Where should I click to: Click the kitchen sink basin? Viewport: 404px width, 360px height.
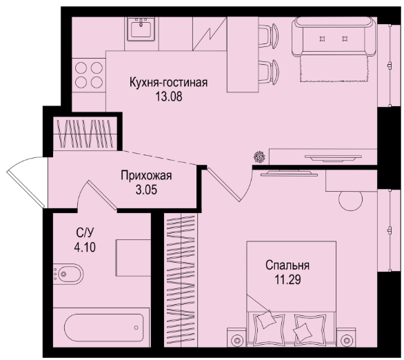click(141, 29)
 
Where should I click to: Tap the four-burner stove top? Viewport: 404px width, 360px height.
click(89, 75)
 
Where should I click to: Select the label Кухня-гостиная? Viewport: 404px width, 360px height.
click(168, 83)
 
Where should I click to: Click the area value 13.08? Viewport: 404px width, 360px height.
click(168, 97)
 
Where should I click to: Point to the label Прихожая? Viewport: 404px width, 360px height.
click(146, 176)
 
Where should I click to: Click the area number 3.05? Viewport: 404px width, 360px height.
click(146, 190)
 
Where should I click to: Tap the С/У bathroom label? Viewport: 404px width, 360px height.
click(85, 233)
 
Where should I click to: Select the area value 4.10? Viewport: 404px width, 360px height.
click(85, 247)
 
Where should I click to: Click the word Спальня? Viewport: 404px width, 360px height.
click(287, 266)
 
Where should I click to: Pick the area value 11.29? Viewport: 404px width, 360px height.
click(287, 279)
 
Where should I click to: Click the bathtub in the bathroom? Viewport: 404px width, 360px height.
click(103, 328)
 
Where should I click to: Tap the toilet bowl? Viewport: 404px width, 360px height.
click(68, 274)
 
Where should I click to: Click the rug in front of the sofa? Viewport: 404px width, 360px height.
click(334, 69)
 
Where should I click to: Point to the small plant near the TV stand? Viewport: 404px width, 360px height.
click(259, 157)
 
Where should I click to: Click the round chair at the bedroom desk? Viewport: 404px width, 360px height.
click(350, 199)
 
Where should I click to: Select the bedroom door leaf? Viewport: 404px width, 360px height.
click(223, 185)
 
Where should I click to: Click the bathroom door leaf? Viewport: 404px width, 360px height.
click(102, 194)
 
